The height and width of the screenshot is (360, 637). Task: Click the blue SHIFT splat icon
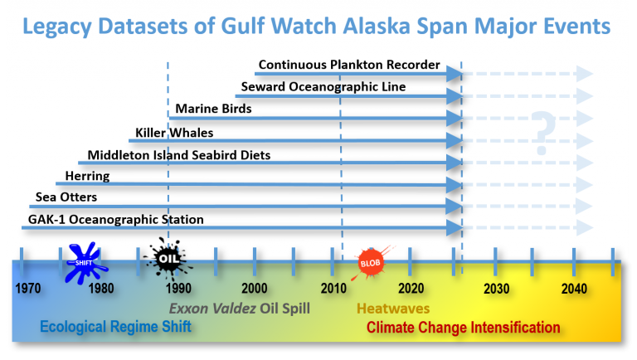pos(85,263)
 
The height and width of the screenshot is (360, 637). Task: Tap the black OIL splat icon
pos(168,260)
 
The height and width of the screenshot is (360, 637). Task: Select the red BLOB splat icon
pos(370,263)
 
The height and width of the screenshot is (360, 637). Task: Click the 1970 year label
pos(28,289)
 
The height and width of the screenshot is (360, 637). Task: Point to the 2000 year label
pos(255,289)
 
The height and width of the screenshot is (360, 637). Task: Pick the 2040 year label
pos(574,289)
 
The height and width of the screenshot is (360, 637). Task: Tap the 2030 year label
pos(496,289)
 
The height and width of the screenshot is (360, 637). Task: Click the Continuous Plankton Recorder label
pos(349,65)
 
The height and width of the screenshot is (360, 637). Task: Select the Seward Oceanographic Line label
pos(323,86)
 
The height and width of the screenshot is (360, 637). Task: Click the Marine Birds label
pos(213,109)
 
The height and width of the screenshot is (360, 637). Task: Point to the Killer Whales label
pos(174,133)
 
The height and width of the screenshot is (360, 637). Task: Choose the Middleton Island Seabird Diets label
pos(179,155)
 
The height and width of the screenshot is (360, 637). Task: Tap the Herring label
pos(87,176)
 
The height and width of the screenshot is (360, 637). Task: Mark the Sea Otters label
pos(66,197)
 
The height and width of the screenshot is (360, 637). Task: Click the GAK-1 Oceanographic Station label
pos(116,220)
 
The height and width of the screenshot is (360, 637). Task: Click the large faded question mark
pos(542,133)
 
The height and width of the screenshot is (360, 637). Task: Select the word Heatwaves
pos(393,309)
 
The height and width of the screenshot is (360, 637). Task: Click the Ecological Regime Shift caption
pos(115,326)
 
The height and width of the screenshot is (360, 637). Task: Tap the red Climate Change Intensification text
pos(463,327)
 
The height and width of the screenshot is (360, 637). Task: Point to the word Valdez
pos(234,309)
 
